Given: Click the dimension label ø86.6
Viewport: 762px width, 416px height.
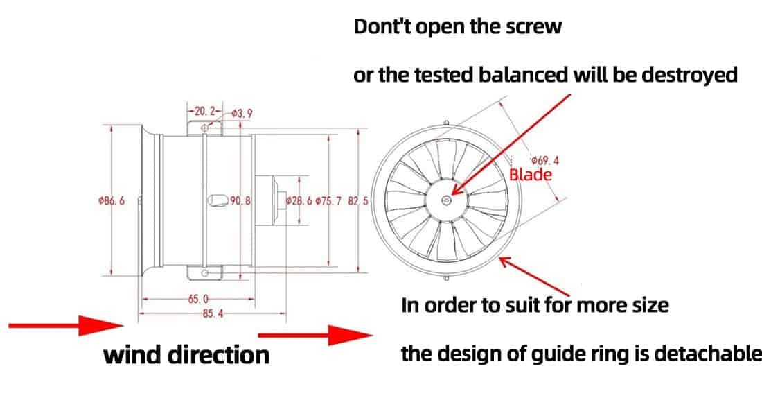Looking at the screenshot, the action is tap(112, 200).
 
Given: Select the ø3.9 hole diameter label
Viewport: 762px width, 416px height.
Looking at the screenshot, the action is tap(242, 114).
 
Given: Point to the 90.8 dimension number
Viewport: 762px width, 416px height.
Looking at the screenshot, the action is tap(240, 200).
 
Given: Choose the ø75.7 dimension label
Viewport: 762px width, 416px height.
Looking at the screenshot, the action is tap(328, 200).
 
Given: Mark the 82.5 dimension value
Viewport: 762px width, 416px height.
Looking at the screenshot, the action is tap(358, 200).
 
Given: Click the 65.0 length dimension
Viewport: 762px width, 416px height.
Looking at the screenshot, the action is tap(198, 298).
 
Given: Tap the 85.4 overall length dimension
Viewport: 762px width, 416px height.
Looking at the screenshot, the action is tap(213, 313).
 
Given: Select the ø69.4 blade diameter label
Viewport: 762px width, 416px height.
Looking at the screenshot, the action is tap(544, 160).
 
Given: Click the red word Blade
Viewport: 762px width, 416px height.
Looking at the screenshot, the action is tap(531, 175).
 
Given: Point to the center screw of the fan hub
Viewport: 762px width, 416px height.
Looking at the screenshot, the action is tap(447, 200).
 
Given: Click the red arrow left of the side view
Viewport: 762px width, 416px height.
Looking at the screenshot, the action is tap(67, 325).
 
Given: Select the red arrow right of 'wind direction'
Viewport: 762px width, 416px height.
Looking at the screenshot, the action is tap(315, 335).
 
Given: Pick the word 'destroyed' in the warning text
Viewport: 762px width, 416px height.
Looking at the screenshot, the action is tap(689, 74).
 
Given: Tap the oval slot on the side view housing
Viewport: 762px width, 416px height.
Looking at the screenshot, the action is tap(218, 200).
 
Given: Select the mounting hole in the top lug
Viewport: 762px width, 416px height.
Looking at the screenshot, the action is tap(204, 128).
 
